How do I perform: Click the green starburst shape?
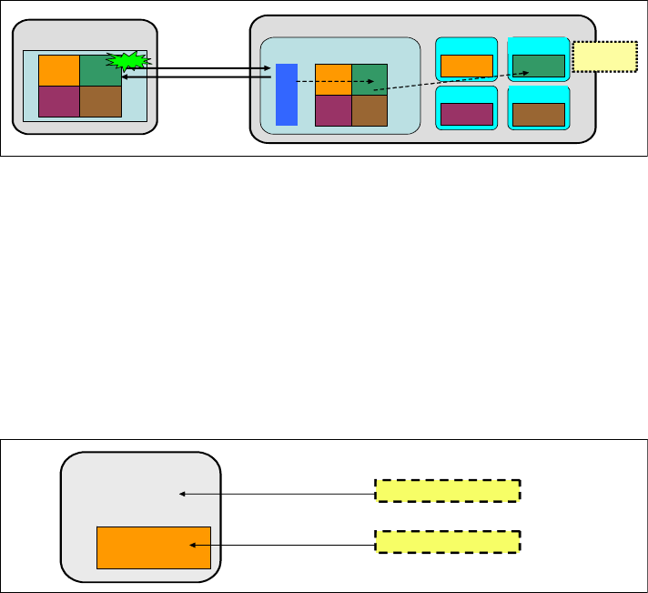[127, 63]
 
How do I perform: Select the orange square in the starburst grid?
[59, 70]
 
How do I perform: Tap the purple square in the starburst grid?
[59, 101]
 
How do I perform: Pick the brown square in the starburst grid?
[100, 101]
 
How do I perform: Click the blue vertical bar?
[287, 95]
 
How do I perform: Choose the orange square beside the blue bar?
[333, 79]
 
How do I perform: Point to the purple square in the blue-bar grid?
[333, 110]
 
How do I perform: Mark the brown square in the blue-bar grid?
[370, 110]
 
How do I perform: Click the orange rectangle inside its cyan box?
[466, 66]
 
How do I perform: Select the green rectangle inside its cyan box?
[538, 66]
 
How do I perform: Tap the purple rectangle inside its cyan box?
[466, 114]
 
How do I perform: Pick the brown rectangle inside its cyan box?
[538, 114]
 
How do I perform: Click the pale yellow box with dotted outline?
[604, 57]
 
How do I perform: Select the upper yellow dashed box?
[447, 490]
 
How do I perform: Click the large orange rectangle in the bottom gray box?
[154, 547]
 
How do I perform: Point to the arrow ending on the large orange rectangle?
[282, 545]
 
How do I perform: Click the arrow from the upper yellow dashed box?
[278, 494]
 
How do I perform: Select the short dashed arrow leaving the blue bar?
[337, 82]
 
